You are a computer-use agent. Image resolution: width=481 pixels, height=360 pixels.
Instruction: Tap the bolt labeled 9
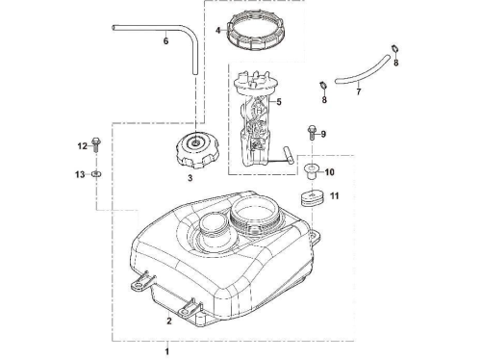pos(312,132)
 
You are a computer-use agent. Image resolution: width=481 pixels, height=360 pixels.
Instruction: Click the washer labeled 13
pos(96,174)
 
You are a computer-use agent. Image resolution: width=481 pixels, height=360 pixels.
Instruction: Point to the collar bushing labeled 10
pos(310,171)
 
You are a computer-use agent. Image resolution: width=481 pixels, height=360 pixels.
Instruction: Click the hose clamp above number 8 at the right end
pos(395,49)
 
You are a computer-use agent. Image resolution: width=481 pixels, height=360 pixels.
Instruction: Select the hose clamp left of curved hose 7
pos(323,86)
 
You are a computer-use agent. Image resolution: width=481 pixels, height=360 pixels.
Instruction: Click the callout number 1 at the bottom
pos(166,351)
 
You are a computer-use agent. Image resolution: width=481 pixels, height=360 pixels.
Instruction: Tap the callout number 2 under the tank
pos(169,321)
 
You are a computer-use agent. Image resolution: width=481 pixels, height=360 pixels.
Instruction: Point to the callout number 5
pos(279,102)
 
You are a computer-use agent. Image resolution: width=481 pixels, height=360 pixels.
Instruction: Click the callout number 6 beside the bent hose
pos(165,41)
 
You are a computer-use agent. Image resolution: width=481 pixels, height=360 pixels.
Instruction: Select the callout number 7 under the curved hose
pos(359,91)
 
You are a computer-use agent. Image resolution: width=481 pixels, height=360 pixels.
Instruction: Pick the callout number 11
pos(335,195)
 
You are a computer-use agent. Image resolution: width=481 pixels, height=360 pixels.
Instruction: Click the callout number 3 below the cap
pos(190,178)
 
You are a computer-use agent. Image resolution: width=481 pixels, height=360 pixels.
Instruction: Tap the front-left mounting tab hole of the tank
pos(139,285)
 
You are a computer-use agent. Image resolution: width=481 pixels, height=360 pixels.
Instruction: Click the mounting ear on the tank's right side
pos(315,236)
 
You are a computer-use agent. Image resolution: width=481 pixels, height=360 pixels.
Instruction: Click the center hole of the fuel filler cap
pos(194,142)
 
